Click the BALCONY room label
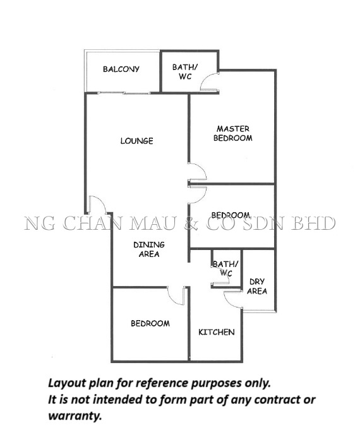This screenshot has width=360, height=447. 121,69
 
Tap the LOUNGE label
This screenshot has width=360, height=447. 136,141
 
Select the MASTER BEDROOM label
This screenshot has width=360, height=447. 233,133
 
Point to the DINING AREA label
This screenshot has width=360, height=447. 149,249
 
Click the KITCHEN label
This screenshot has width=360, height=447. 217,332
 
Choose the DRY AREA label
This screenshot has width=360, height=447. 257,286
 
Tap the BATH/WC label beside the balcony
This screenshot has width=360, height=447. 185,71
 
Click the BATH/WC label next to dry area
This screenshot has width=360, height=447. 225,268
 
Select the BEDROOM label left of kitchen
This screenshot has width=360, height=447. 150,323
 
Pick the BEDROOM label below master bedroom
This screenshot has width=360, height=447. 231,215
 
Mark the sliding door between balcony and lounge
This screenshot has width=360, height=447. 124,93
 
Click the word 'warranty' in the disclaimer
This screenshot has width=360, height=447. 75,416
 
